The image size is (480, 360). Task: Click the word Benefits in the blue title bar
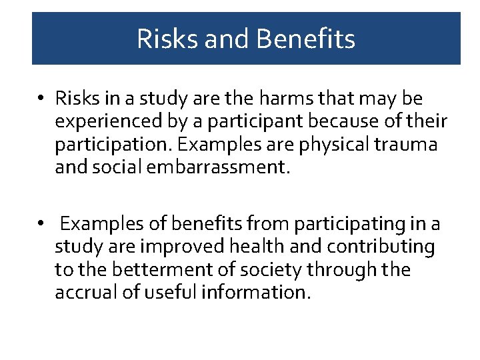[x=305, y=39]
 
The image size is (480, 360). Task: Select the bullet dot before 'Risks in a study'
[x=41, y=99]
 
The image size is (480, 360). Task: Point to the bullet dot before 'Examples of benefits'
[x=41, y=225]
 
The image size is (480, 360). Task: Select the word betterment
[x=151, y=270]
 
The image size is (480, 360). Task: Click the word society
[x=267, y=270]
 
